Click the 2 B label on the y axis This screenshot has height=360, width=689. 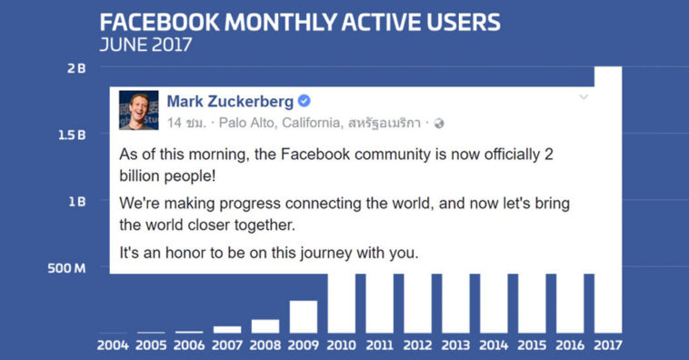click(75, 68)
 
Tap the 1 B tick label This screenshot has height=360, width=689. click(75, 201)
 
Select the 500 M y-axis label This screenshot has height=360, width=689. click(68, 268)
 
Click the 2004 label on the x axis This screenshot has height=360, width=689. click(114, 345)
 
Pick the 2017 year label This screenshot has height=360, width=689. click(608, 345)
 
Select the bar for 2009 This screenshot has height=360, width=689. click(304, 316)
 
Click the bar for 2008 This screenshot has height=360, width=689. click(265, 325)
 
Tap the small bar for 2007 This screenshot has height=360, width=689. click(227, 329)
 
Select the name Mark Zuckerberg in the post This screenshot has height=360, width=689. click(231, 101)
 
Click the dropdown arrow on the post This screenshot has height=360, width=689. click(584, 97)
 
